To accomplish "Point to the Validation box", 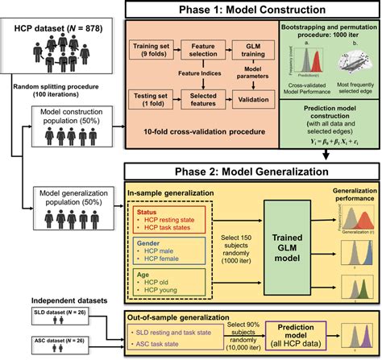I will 251,101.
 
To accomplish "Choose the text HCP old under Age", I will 157,283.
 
